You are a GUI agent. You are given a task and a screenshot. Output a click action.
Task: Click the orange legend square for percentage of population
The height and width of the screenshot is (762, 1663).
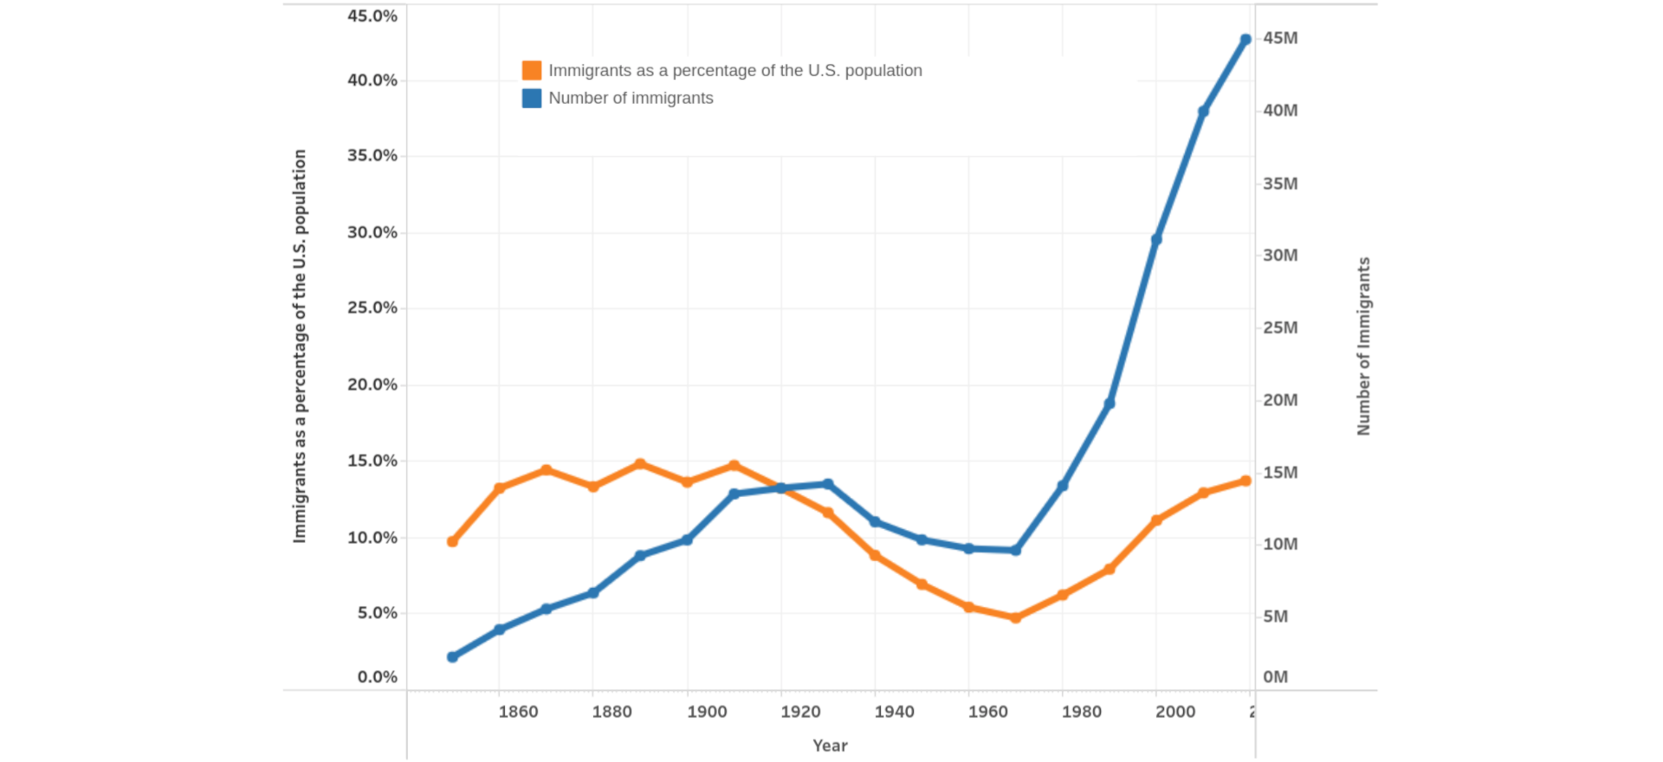pos(532,70)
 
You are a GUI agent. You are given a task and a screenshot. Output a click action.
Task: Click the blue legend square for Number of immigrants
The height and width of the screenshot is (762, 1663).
pos(532,98)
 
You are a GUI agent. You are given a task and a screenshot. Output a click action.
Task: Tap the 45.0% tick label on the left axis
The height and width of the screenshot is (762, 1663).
pos(372,16)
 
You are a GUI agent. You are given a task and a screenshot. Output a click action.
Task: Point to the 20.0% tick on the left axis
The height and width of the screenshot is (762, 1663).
pos(372,384)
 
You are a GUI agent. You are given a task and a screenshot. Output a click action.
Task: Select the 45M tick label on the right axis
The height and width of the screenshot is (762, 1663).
pos(1280,38)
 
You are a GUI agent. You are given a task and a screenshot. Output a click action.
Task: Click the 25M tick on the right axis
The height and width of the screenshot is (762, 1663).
pos(1280,327)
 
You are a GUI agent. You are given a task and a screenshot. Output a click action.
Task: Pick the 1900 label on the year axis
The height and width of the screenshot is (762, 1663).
pos(707,712)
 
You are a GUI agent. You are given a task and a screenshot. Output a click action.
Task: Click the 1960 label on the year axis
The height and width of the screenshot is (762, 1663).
pos(987,712)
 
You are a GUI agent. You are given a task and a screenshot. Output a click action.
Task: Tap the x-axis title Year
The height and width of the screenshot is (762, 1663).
pos(830,746)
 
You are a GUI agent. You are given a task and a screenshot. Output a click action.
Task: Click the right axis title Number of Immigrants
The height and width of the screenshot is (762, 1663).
pos(1363,346)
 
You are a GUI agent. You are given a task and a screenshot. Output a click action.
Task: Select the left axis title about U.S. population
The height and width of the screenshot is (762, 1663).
pos(300,346)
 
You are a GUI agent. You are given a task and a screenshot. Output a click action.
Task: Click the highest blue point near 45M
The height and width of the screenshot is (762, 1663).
pos(1246,40)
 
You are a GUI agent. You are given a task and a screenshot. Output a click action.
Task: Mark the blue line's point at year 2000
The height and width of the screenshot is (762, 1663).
pos(1156,239)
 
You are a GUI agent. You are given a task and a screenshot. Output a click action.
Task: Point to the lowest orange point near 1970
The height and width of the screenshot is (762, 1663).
pos(1016,617)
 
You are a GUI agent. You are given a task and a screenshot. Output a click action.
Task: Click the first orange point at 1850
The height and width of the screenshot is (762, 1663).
pos(452,541)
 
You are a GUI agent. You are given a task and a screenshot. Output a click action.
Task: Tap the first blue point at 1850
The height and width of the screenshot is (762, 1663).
pos(452,657)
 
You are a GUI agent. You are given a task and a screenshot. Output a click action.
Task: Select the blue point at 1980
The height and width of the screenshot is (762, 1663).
pos(1063,486)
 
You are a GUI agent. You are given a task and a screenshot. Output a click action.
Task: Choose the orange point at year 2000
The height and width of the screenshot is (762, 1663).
pos(1156,520)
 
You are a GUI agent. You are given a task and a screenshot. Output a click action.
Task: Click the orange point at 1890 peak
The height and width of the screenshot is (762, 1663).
pos(640,464)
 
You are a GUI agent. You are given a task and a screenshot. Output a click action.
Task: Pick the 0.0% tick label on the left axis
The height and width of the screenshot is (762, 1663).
pos(377,677)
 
